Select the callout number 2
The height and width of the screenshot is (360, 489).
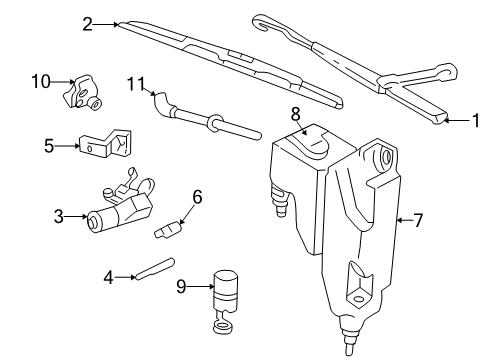pyautogui.click(x=88, y=23)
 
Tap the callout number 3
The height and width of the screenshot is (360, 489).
pyautogui.click(x=59, y=215)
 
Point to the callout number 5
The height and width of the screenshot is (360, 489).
pyautogui.click(x=48, y=146)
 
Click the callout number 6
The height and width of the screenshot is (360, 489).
pyautogui.click(x=197, y=197)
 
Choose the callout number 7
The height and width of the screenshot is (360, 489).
pyautogui.click(x=419, y=218)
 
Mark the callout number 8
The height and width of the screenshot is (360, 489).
pyautogui.click(x=296, y=113)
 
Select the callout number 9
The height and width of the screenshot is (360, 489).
pyautogui.click(x=181, y=285)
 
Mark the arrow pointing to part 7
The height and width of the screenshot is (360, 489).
pyautogui.click(x=402, y=218)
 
